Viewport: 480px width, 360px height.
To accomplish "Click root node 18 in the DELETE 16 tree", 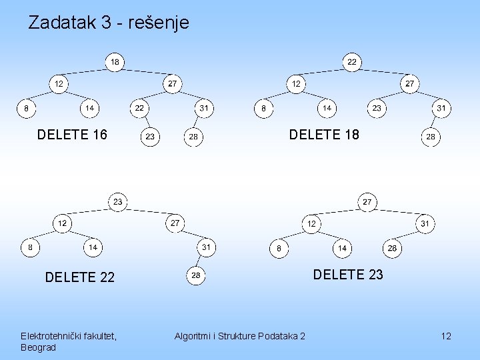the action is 115,62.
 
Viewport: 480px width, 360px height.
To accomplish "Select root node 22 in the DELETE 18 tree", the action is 352,62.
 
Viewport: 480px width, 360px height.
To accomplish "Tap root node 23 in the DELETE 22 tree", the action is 118,202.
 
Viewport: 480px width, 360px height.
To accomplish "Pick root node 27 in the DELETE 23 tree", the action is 367,202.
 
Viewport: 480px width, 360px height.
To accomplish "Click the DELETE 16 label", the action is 72,135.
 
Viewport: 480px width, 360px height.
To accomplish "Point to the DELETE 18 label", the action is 324,135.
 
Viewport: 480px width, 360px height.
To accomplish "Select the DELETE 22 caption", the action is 79,277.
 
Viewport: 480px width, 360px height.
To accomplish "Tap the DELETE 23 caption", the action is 348,275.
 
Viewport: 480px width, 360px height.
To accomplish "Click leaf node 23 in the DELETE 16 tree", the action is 150,137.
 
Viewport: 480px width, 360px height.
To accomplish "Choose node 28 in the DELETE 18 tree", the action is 431,137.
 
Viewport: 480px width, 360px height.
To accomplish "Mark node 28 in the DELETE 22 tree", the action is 196,275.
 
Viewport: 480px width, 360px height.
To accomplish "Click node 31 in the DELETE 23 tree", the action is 425,224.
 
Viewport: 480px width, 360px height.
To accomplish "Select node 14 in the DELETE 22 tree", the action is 93,247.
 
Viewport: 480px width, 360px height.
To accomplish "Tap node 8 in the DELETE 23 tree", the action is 279,248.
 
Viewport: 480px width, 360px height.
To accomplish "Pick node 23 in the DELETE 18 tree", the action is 377,109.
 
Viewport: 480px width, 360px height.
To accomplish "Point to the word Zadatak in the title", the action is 62,23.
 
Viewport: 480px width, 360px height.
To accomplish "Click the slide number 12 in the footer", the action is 446,336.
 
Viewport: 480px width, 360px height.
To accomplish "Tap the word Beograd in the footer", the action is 38,348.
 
